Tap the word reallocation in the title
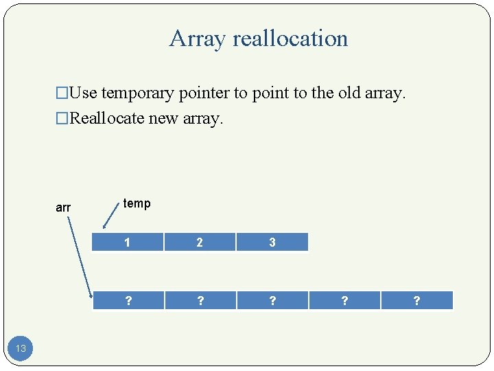pos(290,38)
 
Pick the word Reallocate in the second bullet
pos(108,118)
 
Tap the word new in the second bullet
pos(164,118)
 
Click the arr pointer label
pos(63,207)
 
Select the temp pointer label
pos(137,203)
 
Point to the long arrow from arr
pos(80,254)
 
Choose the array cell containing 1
pos(128,242)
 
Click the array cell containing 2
pos(200,242)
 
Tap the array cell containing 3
pos(272,242)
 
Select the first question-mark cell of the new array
pos(128,301)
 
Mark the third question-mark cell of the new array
pos(272,301)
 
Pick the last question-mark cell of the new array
pos(416,301)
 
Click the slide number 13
pos(21,348)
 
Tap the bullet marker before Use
pos(62,93)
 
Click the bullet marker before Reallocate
pos(62,119)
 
